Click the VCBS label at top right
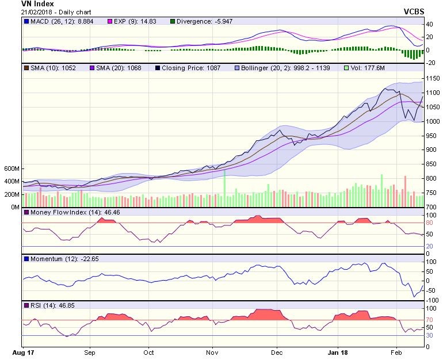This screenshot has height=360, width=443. (x=414, y=11)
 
